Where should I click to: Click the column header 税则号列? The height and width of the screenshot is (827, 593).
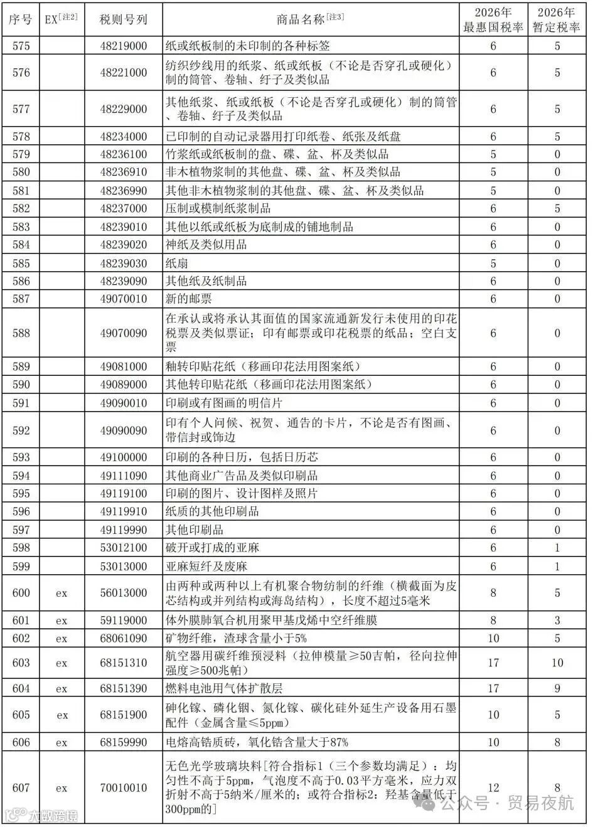[124, 19]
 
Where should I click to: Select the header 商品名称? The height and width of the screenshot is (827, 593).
[310, 19]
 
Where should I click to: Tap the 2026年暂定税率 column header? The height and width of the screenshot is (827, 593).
[557, 20]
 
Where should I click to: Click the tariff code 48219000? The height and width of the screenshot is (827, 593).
[124, 46]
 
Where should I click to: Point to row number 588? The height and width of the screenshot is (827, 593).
[21, 333]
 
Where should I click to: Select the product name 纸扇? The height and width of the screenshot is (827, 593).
[176, 263]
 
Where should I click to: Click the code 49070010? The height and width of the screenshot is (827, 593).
[124, 299]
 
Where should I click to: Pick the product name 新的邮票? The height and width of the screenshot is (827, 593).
[188, 299]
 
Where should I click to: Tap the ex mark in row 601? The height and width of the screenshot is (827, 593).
[61, 621]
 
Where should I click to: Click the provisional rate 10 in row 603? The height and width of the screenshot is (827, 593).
[557, 663]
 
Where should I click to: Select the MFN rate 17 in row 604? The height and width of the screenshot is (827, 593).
[493, 688]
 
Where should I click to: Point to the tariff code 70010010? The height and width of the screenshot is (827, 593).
[124, 787]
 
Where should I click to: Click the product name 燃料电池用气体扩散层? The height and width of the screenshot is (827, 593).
[225, 688]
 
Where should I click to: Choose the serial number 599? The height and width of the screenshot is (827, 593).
[21, 566]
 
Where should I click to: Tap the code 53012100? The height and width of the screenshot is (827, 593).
[124, 548]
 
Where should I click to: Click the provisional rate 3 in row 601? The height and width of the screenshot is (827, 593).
[557, 621]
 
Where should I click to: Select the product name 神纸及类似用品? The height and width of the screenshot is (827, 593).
[206, 245]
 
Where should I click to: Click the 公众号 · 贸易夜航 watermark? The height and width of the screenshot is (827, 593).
[507, 803]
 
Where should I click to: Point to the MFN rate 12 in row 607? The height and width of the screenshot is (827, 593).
[493, 787]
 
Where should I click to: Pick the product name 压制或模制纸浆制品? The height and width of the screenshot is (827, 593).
[218, 208]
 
